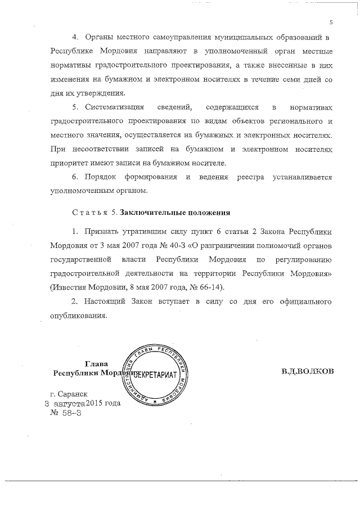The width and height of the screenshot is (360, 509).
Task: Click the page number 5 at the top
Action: pyautogui.click(x=331, y=22)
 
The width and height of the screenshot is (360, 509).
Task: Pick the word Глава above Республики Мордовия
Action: pyautogui.click(x=96, y=363)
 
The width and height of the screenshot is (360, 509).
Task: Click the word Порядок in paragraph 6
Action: pyautogui.click(x=101, y=177)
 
